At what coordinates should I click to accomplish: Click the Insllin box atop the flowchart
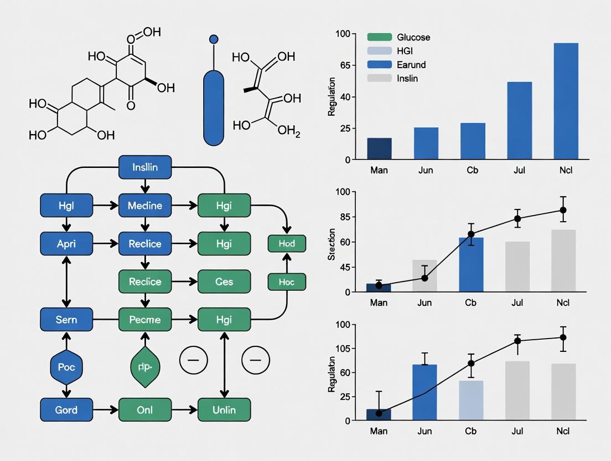[146, 167]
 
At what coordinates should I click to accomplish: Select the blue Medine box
[145, 206]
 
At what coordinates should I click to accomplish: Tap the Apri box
[66, 244]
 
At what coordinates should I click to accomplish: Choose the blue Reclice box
[145, 244]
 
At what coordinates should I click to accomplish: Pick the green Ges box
[224, 281]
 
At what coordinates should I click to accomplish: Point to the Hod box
[287, 244]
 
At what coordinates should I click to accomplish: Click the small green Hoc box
[287, 281]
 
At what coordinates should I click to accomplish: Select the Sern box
[66, 320]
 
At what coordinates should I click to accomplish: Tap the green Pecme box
[145, 320]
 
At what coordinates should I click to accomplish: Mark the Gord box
[66, 410]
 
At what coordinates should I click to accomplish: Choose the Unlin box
[224, 410]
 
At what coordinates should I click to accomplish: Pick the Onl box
[145, 410]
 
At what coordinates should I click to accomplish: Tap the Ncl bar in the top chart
[566, 101]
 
